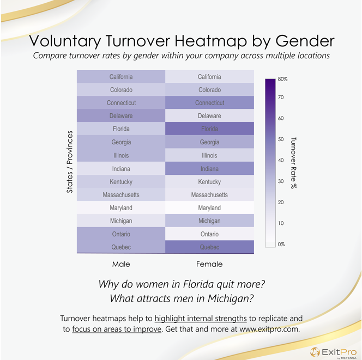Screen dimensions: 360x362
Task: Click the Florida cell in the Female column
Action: point(209,129)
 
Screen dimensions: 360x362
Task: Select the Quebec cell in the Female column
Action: point(209,247)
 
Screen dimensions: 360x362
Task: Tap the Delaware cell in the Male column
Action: point(120,116)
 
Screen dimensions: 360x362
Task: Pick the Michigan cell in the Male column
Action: point(120,221)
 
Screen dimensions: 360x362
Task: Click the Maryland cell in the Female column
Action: point(209,208)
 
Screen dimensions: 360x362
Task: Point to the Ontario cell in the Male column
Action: point(120,234)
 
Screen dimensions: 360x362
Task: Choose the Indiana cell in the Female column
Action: point(209,169)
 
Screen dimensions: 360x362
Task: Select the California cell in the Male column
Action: point(120,77)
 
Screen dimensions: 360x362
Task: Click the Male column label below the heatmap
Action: point(120,264)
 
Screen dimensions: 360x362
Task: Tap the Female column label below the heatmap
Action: point(209,264)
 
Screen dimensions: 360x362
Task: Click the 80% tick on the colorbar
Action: point(282,79)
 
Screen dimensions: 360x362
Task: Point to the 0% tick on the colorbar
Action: point(281,244)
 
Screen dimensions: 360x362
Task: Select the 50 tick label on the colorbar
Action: point(281,139)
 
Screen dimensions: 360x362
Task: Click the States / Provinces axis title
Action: point(70,162)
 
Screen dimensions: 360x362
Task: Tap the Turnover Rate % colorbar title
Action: point(295,162)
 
